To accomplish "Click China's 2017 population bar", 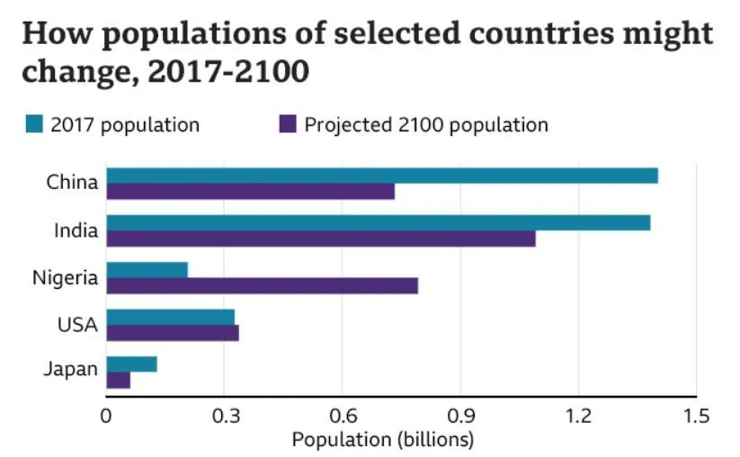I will coord(382,175).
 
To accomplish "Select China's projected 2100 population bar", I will coord(250,192).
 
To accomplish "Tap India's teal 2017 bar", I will coord(378,222).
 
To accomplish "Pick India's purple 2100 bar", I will coord(321,238).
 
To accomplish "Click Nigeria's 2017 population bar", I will coord(147,270).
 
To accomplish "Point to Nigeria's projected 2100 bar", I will coord(262,285).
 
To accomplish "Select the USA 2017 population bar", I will coord(170,317).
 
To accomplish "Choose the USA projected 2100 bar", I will coord(173,333).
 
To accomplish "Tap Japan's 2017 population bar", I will coord(131,363).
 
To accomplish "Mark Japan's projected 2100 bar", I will coord(118,380).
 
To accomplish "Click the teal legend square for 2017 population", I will coord(33,124).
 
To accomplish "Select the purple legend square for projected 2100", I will coord(287,124).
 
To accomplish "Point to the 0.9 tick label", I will coord(459,416).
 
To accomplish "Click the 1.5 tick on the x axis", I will coord(696,416).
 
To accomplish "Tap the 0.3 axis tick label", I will coord(224,416).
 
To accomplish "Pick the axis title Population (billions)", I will coord(382,440).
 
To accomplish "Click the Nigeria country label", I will coord(65,278).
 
